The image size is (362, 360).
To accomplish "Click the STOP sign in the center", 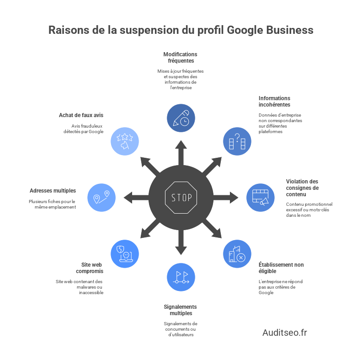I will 181,198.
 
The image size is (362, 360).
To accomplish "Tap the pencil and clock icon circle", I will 181,118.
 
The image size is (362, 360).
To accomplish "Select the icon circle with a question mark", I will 237,141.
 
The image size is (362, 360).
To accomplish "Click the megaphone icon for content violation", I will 260,197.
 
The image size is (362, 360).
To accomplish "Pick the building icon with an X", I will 237,254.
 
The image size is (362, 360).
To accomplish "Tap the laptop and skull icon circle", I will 125,254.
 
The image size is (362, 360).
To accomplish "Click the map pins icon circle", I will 101,197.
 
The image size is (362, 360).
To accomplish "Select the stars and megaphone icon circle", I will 125,141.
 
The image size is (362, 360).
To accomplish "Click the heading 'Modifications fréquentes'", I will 181,57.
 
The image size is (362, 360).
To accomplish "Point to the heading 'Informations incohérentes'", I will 274,101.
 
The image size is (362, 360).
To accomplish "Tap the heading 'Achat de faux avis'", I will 81,115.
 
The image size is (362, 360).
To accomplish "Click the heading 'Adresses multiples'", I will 53,190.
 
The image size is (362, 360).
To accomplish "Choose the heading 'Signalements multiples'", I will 181,310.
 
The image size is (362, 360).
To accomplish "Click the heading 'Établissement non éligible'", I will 281,268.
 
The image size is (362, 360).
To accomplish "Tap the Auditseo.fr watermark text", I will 284,333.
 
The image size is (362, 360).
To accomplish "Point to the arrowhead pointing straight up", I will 181,145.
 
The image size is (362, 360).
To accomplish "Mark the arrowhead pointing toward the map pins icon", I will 128,198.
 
